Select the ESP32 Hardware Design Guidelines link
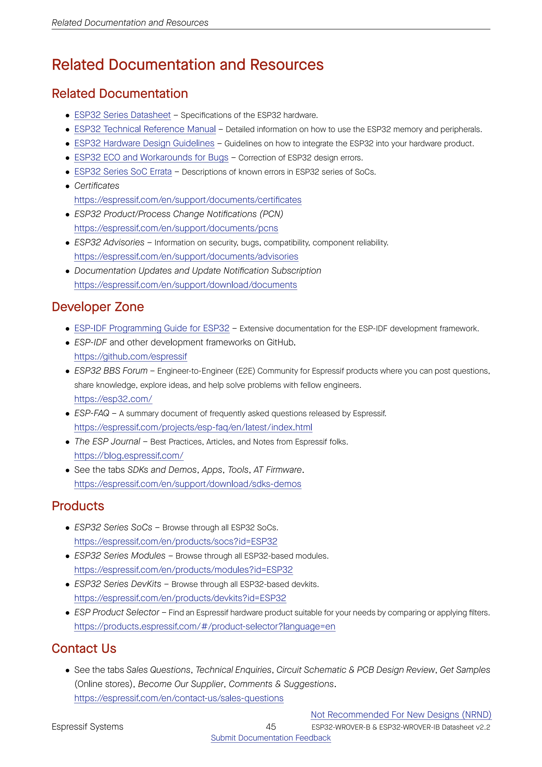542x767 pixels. [x=144, y=143]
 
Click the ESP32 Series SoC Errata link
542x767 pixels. [x=123, y=172]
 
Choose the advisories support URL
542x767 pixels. [x=186, y=257]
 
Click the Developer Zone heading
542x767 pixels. [x=98, y=307]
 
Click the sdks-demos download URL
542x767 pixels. [x=188, y=484]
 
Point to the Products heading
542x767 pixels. [x=78, y=506]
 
